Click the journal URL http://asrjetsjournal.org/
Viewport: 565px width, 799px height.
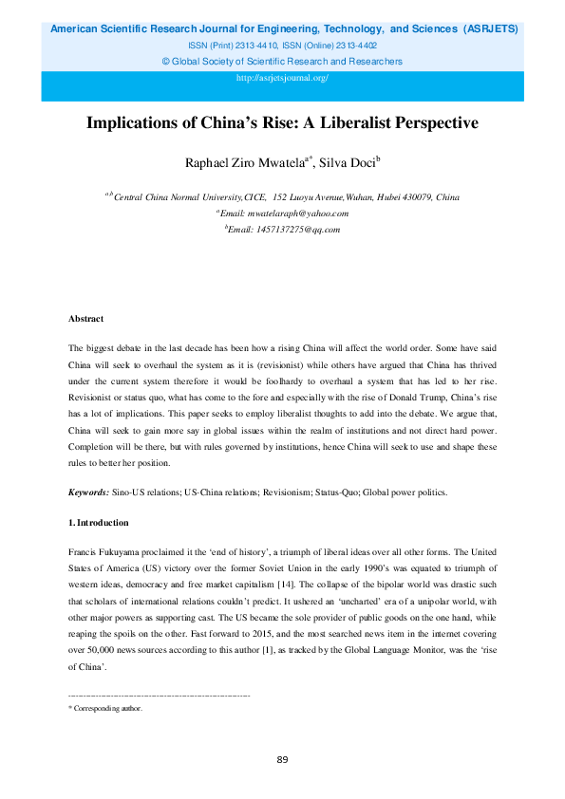click(282, 78)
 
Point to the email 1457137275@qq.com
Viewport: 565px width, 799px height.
click(286, 230)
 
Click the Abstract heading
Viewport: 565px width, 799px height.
click(85, 319)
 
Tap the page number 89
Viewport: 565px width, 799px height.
click(282, 760)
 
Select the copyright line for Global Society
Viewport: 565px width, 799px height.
click(282, 62)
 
